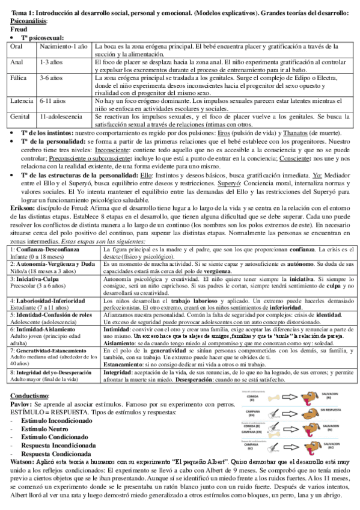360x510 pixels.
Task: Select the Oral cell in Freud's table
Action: pyautogui.click(x=17, y=46)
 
